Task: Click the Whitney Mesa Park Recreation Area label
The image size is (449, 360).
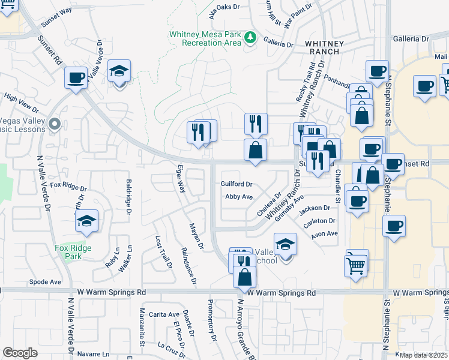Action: pos(204,39)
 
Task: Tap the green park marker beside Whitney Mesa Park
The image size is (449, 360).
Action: pos(251,38)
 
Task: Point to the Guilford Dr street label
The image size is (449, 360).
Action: pos(237,184)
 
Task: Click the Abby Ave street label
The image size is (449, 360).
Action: pos(238,196)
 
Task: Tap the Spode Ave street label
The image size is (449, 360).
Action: pos(46,281)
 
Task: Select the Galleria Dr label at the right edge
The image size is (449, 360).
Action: pos(412,38)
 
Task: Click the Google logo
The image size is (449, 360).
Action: pos(20,353)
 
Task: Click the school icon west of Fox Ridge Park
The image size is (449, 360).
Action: pos(87,222)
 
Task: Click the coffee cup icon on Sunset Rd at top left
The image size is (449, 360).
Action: pos(76,78)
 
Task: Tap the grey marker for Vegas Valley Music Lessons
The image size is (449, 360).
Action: pos(55,125)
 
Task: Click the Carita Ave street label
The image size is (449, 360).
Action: pos(164,314)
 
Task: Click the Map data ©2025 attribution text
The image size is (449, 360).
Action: pos(423,355)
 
